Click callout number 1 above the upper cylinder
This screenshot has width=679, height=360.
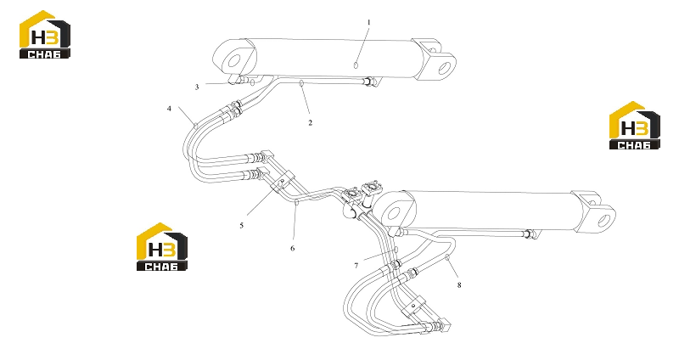(369, 22)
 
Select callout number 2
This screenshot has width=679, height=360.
(310, 122)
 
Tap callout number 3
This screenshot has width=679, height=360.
(197, 87)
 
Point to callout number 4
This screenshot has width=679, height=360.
(169, 109)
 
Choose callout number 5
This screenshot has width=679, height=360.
(242, 225)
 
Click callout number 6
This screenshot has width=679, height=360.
(293, 248)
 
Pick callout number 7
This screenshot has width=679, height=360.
(356, 266)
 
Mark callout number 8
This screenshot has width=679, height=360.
(459, 285)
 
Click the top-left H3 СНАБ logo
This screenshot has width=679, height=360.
(45, 34)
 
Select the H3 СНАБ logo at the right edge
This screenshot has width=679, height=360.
(634, 126)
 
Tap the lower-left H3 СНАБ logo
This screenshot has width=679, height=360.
(162, 247)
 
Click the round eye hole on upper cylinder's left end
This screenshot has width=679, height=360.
(234, 60)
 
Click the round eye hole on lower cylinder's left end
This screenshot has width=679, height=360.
(393, 214)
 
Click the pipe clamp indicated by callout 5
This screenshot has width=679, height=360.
(283, 183)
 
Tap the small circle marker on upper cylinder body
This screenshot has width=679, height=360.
(356, 65)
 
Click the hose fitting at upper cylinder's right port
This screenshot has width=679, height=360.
(369, 81)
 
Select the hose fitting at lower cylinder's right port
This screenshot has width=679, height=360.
(529, 234)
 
